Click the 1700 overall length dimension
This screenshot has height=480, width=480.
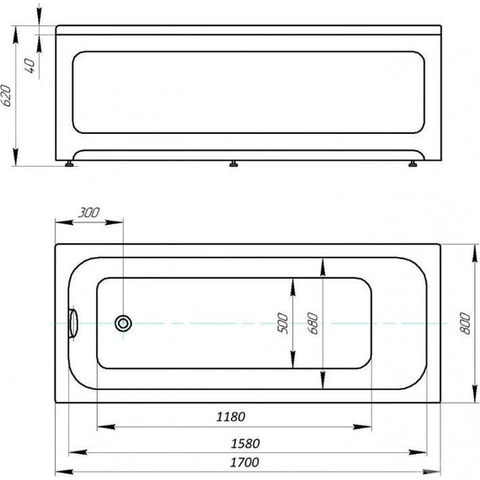pyautogui.click(x=247, y=462)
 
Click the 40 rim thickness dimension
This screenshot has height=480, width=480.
pyautogui.click(x=31, y=66)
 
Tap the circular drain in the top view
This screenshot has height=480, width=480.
pyautogui.click(x=124, y=322)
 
